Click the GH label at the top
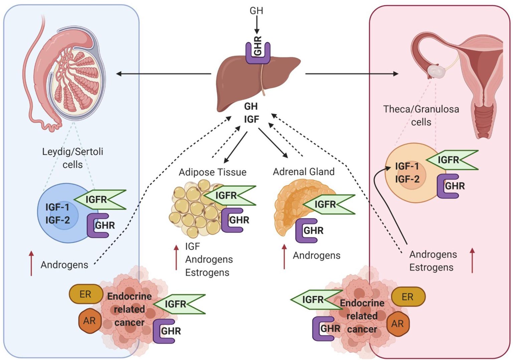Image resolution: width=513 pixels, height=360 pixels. pos(256,11)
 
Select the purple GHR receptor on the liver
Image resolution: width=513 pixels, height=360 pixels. pos(258,52)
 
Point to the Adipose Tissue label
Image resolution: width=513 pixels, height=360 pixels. pos(212,172)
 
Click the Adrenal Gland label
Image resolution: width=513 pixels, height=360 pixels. pos(304,172)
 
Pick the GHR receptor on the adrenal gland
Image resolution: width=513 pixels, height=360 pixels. pos(307,230)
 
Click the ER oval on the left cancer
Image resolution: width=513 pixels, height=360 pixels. pos(85,294)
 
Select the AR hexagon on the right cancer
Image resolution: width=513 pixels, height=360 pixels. pos(397,324)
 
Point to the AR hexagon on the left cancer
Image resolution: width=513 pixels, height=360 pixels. pos(89,321)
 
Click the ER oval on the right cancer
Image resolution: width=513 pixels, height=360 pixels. pos(408,297)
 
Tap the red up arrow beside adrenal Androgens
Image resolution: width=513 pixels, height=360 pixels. pos(284,256)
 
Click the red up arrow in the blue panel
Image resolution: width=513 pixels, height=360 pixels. pos(31,263)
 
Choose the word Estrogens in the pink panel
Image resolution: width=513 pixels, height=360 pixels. pos(431,267)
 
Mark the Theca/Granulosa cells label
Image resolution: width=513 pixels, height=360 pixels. pos(421,115)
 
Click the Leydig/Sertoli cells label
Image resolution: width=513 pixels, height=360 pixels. pos(72,158)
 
